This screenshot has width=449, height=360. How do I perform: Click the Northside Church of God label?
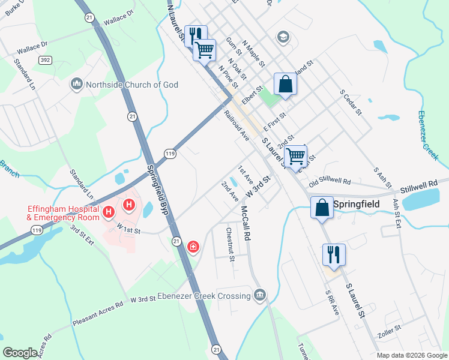coord(132,85)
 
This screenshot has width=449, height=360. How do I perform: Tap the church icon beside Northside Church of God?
coord(76,85)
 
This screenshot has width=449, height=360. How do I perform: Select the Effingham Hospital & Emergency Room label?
coord(62,213)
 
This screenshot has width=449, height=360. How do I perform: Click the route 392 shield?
coord(44,60)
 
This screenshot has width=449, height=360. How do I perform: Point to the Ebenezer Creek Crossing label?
coord(203,296)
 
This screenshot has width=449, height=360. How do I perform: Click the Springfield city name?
coord(358,205)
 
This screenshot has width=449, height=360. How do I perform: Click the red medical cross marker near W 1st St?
coord(193,247)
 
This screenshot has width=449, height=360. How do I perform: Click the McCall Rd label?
coord(246,223)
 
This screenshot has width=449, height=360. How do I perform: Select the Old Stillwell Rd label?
coord(330,181)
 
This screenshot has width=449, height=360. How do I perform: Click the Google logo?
coord(20,352)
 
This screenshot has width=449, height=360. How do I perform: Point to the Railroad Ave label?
coord(237,125)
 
